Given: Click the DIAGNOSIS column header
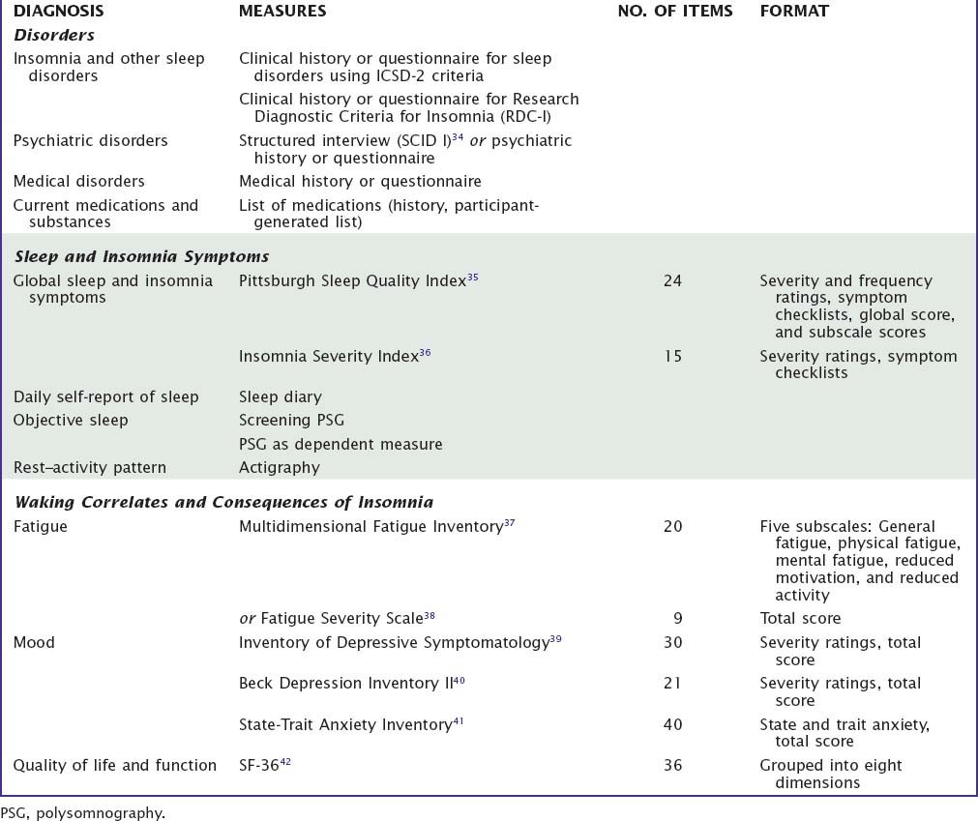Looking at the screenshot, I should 58,11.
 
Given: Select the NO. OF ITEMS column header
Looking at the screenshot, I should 674,11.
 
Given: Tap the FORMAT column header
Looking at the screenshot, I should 794,11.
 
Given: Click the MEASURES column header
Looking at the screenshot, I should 282,11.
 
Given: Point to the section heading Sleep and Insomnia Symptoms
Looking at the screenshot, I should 141,256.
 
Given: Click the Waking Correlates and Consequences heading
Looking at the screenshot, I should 223,502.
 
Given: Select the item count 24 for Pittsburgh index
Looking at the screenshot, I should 672,281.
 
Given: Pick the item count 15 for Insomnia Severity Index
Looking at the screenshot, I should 672,357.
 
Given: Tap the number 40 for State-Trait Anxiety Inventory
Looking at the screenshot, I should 672,725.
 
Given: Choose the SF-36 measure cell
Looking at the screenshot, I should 259,766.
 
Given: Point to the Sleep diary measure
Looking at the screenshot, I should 281,396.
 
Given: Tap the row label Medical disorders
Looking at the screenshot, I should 79,181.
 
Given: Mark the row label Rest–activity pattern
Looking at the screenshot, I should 90,468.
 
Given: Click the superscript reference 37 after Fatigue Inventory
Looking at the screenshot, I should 509,523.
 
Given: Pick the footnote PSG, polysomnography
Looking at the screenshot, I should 83,813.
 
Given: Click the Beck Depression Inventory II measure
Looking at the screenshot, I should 345,684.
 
